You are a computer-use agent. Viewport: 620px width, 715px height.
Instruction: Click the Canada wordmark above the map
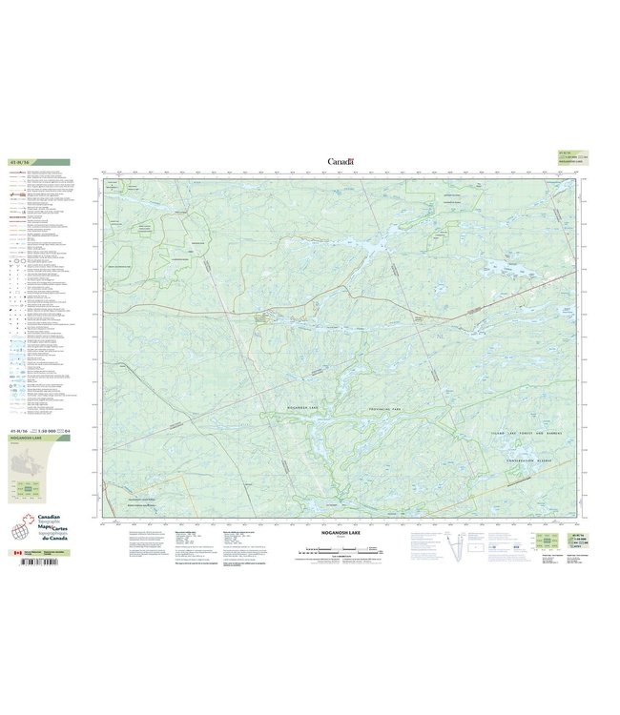tap(341, 162)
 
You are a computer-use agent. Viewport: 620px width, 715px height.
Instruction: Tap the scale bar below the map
tap(341, 550)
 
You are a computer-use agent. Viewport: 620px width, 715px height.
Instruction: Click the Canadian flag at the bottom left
tap(14, 552)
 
